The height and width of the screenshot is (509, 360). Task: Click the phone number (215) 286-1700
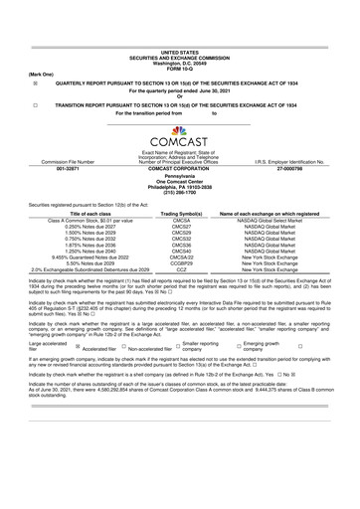(179, 193)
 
